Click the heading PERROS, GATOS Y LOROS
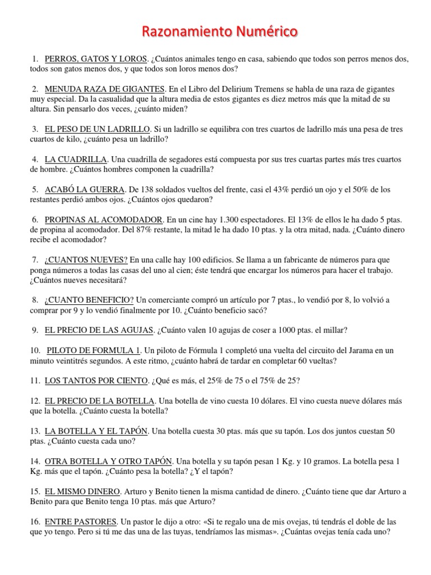[96, 59]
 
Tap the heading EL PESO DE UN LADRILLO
[98, 130]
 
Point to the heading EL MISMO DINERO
[82, 491]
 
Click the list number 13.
[35, 431]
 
